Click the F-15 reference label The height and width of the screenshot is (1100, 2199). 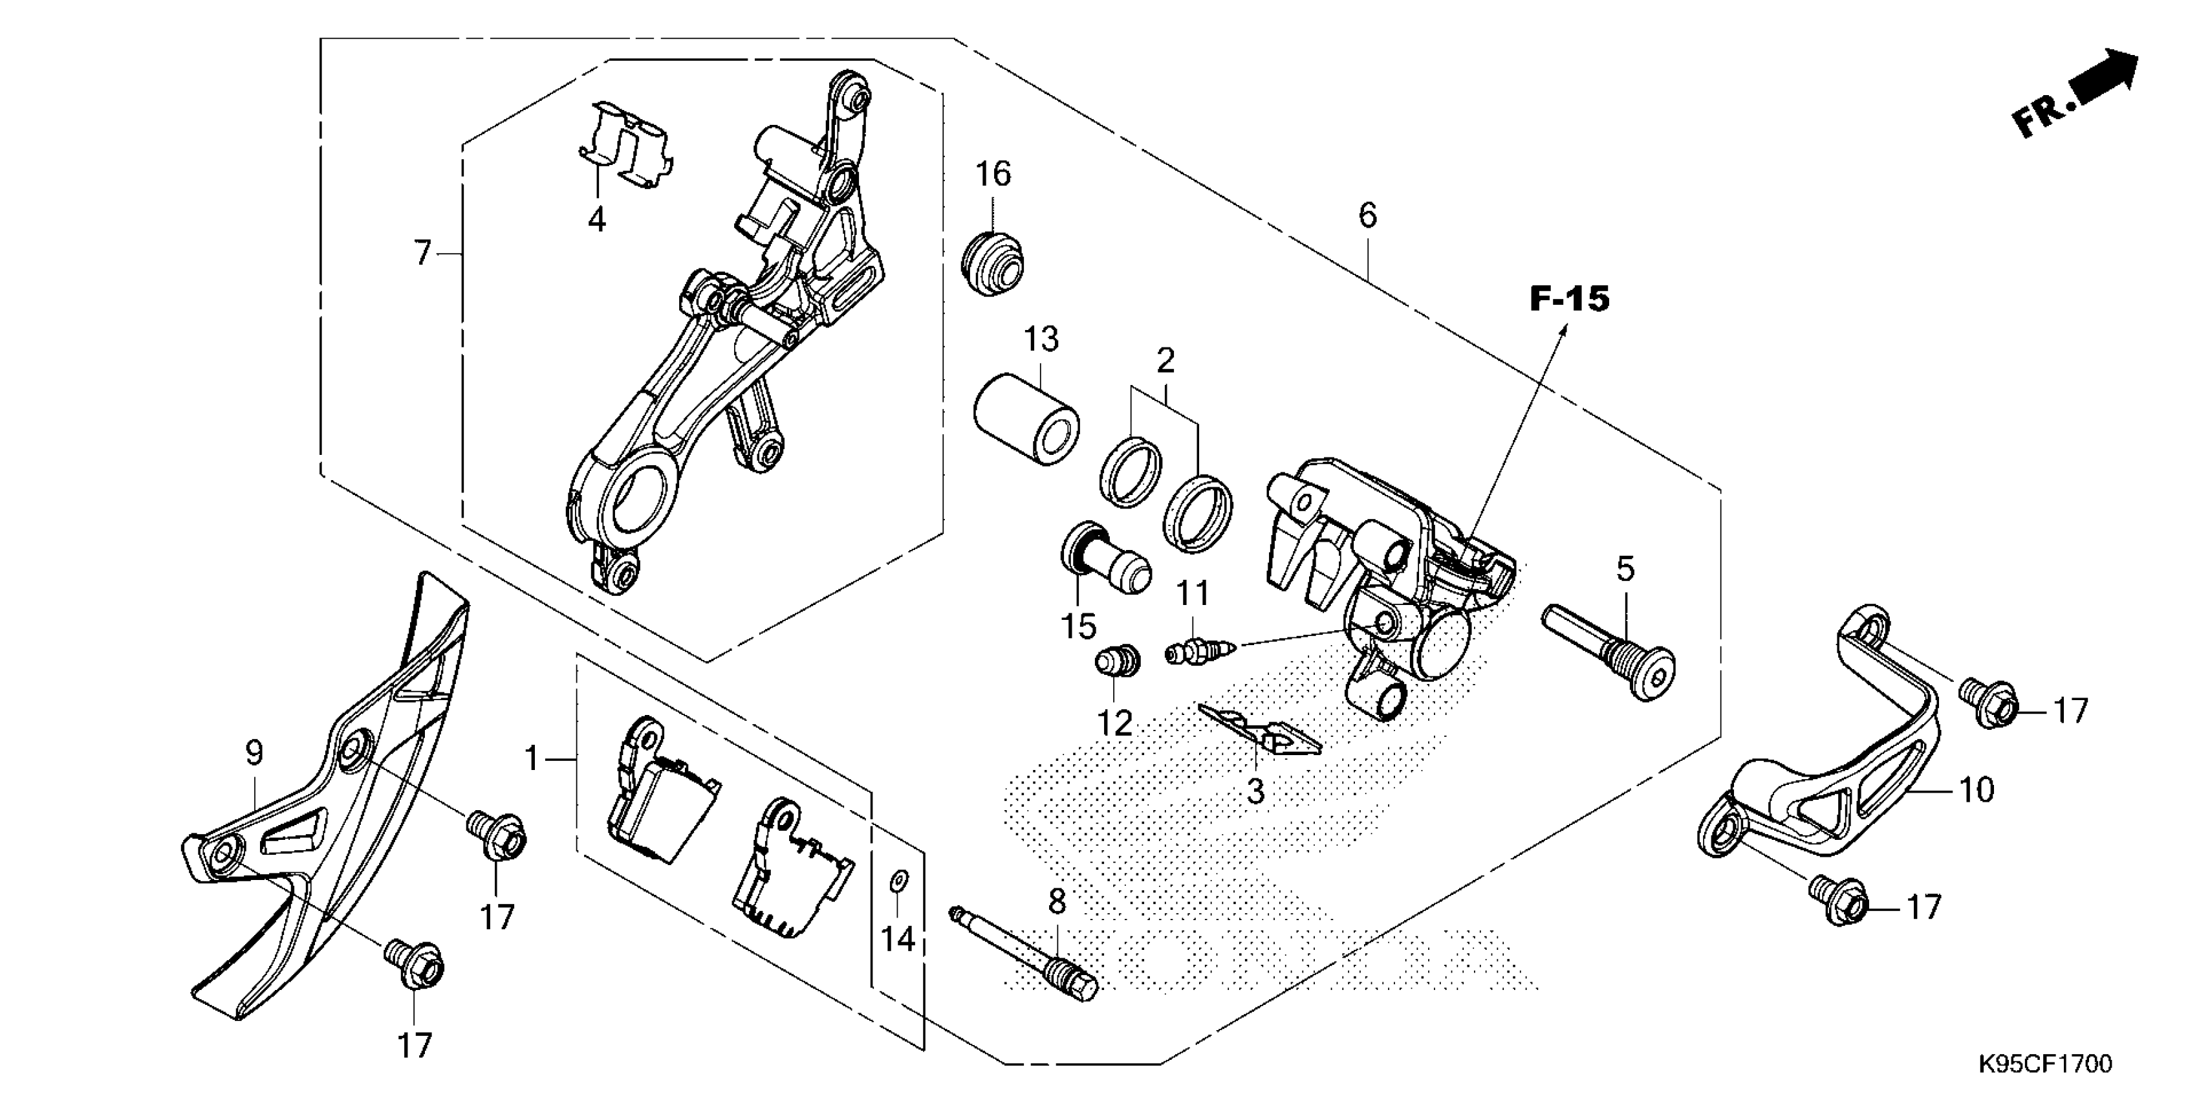pyautogui.click(x=1569, y=299)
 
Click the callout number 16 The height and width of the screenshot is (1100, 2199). pyautogui.click(x=993, y=174)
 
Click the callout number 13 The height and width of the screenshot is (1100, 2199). pyautogui.click(x=1041, y=339)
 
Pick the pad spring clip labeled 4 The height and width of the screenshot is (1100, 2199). pyautogui.click(x=624, y=144)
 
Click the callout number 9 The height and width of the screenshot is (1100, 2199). pyautogui.click(x=254, y=753)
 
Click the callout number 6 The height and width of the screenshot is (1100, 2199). pyautogui.click(x=1367, y=215)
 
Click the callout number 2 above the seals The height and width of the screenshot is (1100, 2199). pyautogui.click(x=1165, y=360)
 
